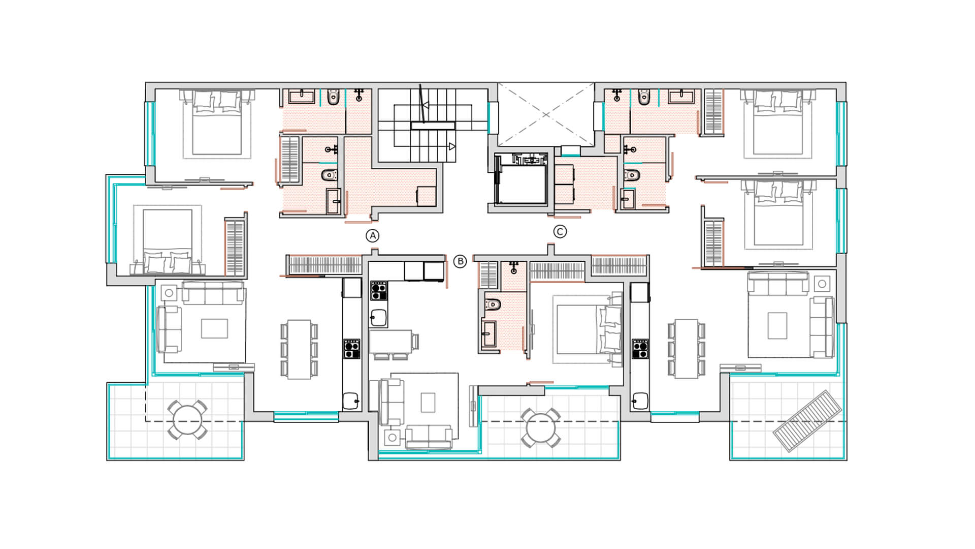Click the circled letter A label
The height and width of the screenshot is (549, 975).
coord(373,236)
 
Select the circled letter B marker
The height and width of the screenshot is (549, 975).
coord(460,262)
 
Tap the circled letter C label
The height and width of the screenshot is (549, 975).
coord(560,232)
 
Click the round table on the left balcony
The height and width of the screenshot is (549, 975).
coord(187,420)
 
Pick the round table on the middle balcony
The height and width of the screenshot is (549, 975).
coord(541,428)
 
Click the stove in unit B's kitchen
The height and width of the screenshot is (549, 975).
coord(378,290)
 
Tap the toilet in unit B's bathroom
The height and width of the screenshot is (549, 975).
coord(492,304)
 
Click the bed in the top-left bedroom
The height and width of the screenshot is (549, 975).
coord(217,124)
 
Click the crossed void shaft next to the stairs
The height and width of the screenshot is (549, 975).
coord(546,114)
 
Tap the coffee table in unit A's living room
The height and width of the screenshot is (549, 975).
coord(214,329)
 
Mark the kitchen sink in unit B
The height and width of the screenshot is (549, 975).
coord(378,318)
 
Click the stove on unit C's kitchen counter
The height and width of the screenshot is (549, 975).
coord(640,348)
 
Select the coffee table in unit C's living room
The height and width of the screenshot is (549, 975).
coord(777,326)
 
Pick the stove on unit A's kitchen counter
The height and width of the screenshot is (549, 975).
coord(351,349)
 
